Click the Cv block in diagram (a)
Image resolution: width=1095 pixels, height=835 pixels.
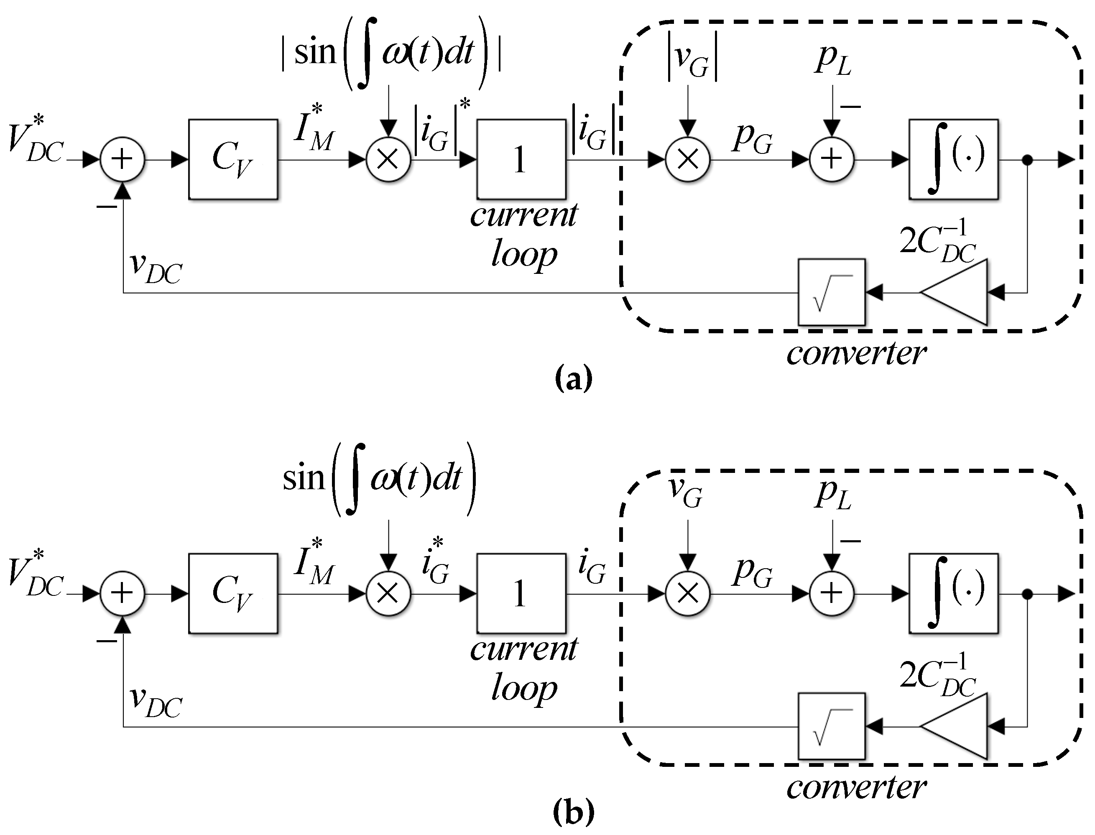pyautogui.click(x=232, y=159)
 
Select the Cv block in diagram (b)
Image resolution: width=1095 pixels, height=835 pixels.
pyautogui.click(x=232, y=593)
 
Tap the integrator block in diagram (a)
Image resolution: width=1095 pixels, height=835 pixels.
pyautogui.click(x=953, y=159)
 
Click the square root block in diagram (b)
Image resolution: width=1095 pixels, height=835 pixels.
pyautogui.click(x=832, y=726)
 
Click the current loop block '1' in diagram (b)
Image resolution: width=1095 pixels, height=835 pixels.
pyautogui.click(x=521, y=593)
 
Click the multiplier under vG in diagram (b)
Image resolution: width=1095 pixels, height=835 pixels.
pyautogui.click(x=688, y=593)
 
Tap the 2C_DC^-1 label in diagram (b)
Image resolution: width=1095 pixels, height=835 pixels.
pyautogui.click(x=937, y=678)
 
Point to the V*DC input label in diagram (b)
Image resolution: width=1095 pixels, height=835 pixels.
pyautogui.click(x=36, y=577)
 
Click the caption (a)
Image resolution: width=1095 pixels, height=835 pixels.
pyautogui.click(x=573, y=379)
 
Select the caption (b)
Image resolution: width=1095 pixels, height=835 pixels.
pyautogui.click(x=573, y=813)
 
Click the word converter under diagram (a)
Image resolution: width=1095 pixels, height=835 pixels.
pyautogui.click(x=856, y=353)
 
